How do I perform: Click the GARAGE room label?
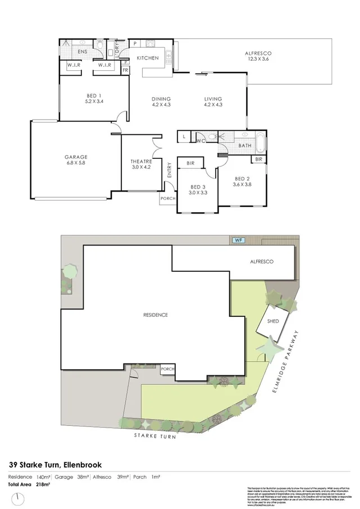[76, 157]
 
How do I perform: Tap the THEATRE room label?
[141, 161]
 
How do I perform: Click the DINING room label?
[161, 99]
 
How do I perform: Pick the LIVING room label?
[213, 99]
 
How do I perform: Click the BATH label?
[245, 146]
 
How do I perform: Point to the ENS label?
[83, 52]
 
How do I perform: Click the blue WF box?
[238, 241]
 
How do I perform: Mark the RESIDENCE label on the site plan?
[156, 315]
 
